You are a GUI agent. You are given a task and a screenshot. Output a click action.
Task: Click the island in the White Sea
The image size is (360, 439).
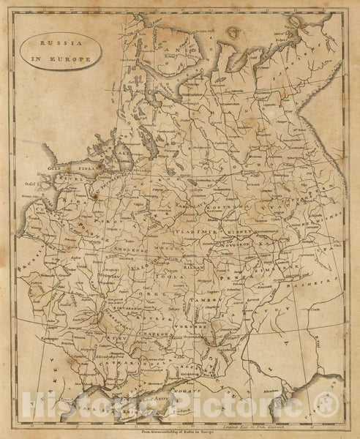coord(236,31)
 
